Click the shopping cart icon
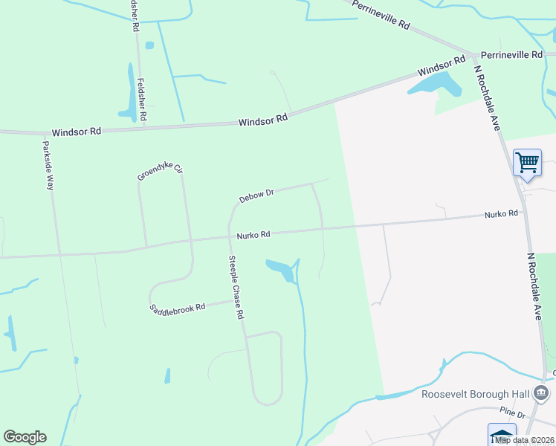527,161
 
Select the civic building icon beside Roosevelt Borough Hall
543,392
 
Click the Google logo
25,437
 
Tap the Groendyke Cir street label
159,173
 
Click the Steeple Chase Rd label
236,288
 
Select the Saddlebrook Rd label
177,308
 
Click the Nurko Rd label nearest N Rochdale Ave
500,214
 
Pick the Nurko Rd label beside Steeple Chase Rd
253,235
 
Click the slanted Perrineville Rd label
381,15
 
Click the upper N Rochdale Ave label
487,97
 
